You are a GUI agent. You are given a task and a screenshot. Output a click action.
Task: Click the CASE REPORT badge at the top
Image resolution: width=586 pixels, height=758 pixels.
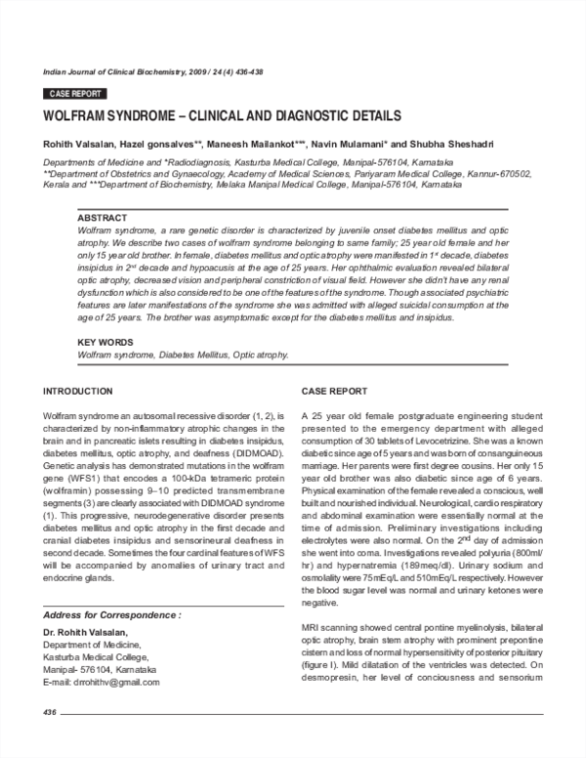pos(72,94)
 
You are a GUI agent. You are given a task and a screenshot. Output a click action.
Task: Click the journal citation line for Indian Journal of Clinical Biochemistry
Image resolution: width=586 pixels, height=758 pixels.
pos(153,72)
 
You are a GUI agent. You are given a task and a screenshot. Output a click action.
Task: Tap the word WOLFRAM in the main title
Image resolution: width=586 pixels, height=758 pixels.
pos(77,115)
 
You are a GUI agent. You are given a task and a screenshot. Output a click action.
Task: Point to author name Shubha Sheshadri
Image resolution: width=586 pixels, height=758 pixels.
pos(457,145)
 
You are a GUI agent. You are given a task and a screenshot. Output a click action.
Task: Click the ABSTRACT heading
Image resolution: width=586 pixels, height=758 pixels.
pos(102,217)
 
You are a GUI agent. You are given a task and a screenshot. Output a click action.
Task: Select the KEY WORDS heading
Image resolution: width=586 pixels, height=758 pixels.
pos(105,342)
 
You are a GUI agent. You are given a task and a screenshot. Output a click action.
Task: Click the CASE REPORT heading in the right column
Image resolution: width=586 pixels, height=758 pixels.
pos(334,391)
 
